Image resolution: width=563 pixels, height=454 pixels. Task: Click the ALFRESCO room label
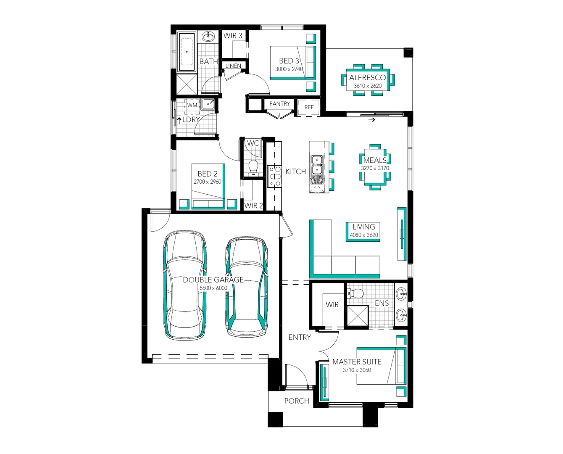point(367,77)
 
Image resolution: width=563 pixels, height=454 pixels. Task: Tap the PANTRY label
point(279,104)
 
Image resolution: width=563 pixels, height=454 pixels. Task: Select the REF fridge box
point(309,107)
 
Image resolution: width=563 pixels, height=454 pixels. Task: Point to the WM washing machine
point(192,106)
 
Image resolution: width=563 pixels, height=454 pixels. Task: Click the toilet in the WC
point(253,167)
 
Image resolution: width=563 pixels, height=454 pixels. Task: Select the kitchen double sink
point(316,165)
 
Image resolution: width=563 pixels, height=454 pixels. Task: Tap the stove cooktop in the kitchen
point(275,176)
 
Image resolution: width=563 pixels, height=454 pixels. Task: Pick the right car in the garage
point(247,288)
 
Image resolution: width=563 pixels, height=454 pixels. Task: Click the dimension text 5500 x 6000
point(213,288)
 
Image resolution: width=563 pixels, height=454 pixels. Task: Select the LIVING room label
point(363,227)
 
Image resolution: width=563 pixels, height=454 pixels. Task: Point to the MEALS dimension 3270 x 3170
point(375,168)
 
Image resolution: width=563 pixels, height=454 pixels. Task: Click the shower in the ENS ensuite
point(357,316)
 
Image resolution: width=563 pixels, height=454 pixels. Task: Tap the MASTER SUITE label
point(357,362)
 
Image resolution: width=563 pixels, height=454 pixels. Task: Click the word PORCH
point(297,401)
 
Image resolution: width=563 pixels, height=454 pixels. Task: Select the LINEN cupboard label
point(233,66)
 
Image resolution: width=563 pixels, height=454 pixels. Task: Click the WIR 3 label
point(233,36)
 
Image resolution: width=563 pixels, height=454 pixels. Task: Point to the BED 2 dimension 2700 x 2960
point(207,182)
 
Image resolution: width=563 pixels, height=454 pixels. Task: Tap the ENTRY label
point(300,337)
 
